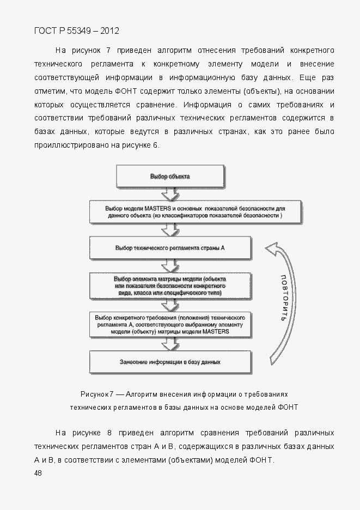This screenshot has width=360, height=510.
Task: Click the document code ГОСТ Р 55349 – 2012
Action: (x=76, y=31)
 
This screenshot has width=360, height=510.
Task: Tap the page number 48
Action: (x=38, y=473)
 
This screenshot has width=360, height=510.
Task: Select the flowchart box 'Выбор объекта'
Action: (x=170, y=177)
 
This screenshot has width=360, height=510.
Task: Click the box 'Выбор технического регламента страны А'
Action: (x=170, y=247)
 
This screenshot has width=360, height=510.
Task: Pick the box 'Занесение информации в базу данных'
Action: (x=170, y=361)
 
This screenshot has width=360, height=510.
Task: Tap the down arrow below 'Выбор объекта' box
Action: (x=170, y=195)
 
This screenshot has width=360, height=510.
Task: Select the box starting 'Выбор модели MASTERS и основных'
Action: (x=194, y=212)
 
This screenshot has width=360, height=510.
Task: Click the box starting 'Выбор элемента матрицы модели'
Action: (x=170, y=286)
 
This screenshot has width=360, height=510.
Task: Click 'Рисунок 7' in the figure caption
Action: (x=97, y=394)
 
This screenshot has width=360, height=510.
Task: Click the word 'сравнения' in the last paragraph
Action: (x=220, y=433)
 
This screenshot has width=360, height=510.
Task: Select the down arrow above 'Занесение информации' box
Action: (x=170, y=344)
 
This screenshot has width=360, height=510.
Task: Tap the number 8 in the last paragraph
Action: (x=109, y=433)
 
